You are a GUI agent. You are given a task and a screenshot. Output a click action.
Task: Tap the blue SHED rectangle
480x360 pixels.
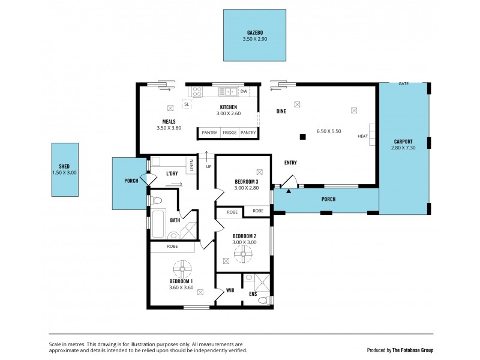pos(65,169)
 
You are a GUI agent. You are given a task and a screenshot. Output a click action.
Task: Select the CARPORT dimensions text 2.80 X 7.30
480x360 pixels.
pos(403,148)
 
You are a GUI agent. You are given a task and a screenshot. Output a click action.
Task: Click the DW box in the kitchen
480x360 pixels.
pos(244,91)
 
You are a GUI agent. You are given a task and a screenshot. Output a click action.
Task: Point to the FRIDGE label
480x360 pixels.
pos(229,132)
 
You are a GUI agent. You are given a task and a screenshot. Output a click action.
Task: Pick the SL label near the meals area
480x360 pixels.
pos(187,104)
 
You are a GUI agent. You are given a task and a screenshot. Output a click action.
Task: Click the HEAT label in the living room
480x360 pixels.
pos(362,136)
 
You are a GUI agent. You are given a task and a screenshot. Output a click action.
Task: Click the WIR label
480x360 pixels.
pos(230,291)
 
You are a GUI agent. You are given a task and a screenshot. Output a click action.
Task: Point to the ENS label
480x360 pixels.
pos(253,293)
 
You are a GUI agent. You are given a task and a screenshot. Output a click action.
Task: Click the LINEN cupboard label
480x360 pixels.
pos(191,164)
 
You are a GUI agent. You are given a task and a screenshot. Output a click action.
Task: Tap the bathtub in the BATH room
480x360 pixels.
pos(159,223)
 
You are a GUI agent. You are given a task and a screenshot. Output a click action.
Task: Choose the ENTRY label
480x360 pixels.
pos(290,163)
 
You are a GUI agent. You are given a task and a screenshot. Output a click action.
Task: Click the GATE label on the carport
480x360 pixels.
pos(404,84)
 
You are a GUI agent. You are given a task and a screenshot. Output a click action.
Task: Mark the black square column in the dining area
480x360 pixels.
pos(303,136)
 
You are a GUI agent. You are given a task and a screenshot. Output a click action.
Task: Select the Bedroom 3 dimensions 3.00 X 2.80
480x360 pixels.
pos(246,188)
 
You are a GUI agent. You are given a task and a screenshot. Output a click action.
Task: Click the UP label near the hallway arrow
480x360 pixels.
pos(208,166)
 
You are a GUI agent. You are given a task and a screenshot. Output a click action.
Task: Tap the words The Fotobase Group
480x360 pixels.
pos(413,350)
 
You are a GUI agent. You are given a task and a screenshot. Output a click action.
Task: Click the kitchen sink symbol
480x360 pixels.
pos(229,91)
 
